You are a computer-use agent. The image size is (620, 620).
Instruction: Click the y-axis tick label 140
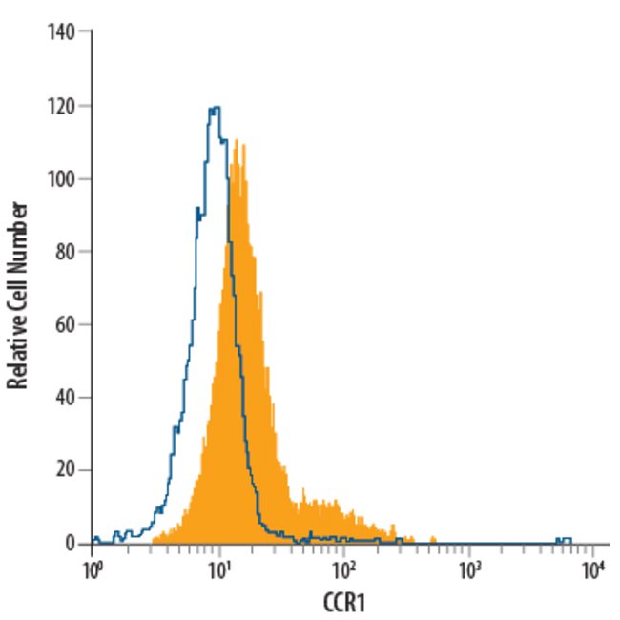point(62,32)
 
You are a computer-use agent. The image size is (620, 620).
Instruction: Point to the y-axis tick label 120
point(62,106)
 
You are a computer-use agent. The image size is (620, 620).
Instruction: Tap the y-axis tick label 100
point(62,178)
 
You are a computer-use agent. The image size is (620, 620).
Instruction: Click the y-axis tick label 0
point(72,544)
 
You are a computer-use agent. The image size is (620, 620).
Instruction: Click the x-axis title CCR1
point(344,604)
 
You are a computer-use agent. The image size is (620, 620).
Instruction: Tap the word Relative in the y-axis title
point(17,353)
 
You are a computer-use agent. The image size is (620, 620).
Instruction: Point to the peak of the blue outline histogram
point(216,108)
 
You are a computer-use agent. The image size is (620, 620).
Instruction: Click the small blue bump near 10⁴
point(565,539)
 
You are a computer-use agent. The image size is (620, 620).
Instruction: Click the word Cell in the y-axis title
point(17,291)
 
